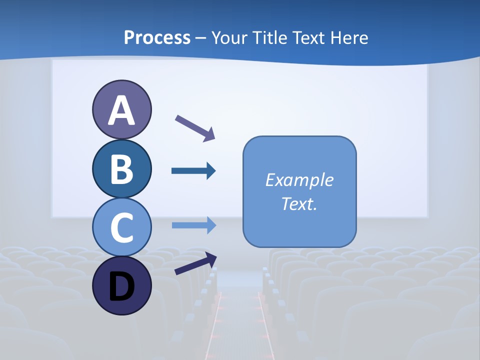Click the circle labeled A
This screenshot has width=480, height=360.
tap(121, 109)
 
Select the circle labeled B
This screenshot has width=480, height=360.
tap(121, 168)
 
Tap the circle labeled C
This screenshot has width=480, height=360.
tap(121, 227)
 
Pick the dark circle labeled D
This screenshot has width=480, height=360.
tap(121, 285)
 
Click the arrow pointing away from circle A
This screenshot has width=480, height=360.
tap(195, 127)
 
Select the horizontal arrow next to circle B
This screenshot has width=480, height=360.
tap(193, 171)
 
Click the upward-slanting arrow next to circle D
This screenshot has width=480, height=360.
tap(195, 263)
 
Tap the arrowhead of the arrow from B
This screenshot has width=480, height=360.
tap(211, 171)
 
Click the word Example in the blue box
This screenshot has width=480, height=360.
tap(299, 179)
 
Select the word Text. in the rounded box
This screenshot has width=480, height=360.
tap(299, 203)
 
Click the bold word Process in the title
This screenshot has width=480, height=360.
tap(157, 37)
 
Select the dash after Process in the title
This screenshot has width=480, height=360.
tap(201, 38)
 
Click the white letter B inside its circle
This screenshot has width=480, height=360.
tap(121, 169)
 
